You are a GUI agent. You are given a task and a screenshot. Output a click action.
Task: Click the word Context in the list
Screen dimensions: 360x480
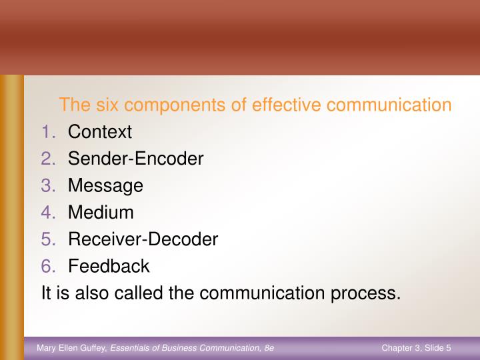click(x=100, y=132)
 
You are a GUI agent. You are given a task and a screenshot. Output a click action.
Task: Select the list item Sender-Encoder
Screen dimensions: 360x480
click(x=135, y=159)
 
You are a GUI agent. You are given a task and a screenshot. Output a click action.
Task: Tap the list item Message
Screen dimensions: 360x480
click(x=105, y=185)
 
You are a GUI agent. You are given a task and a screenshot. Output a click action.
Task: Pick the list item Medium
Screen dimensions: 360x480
click(x=101, y=213)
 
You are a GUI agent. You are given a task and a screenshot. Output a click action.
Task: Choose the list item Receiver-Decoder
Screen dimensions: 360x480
click(x=143, y=239)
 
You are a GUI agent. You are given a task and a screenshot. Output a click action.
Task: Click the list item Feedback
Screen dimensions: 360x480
click(x=109, y=266)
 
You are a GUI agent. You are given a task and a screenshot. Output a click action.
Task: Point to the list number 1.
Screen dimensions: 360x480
click(x=49, y=132)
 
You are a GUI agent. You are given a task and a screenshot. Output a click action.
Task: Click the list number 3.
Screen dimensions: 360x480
click(x=49, y=185)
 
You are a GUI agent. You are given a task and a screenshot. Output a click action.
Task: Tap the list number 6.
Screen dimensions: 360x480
click(x=49, y=266)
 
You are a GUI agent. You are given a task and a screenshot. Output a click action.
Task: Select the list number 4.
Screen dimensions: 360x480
click(x=49, y=213)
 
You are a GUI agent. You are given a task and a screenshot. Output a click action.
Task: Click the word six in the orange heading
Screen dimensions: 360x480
click(x=109, y=105)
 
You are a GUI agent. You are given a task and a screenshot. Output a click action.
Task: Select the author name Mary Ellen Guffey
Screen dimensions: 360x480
click(x=71, y=347)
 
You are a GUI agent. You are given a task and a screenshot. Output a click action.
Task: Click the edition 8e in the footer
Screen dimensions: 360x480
click(x=269, y=347)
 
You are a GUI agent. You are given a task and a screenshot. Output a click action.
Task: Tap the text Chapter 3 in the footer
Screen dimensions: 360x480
click(x=401, y=347)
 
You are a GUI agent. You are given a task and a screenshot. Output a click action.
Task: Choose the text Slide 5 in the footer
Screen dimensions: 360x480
click(x=438, y=347)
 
